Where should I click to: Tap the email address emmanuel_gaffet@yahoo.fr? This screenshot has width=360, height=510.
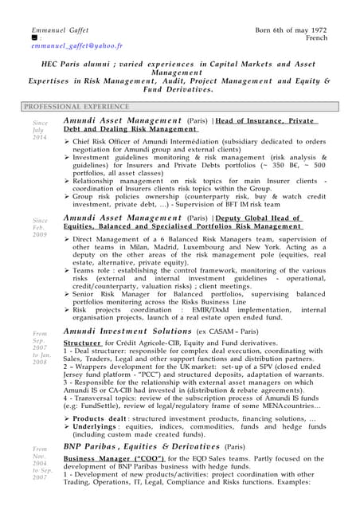pos(77,46)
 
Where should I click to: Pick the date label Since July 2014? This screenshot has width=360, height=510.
pos(40,131)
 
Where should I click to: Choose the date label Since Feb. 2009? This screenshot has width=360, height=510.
pos(40,228)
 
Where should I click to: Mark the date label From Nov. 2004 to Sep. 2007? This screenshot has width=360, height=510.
pos(40,462)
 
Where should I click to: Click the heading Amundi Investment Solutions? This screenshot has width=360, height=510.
pos(127,331)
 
